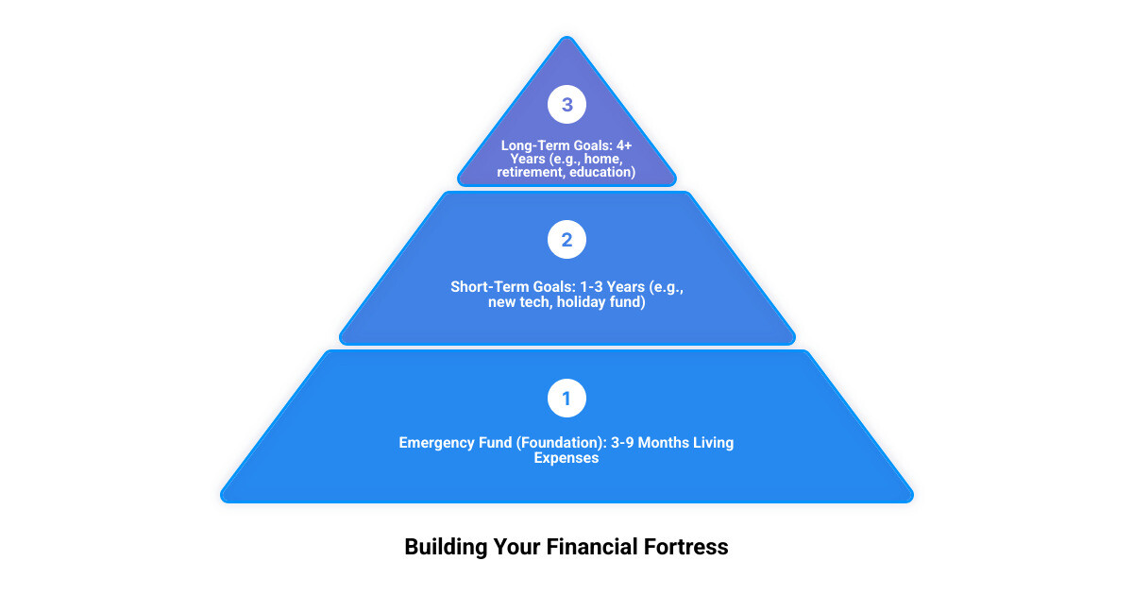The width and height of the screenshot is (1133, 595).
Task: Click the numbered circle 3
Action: tap(566, 105)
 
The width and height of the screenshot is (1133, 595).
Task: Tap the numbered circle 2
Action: tap(566, 240)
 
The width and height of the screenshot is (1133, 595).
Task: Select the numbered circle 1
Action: tap(566, 399)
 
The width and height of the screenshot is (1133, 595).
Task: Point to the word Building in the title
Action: tap(445, 547)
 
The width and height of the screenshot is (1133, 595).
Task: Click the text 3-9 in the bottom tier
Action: tap(619, 442)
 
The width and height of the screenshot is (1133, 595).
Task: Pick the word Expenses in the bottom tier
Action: tap(566, 458)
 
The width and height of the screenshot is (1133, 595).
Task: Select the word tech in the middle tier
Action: tap(534, 302)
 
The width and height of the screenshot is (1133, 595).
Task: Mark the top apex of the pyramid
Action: tap(566, 38)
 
